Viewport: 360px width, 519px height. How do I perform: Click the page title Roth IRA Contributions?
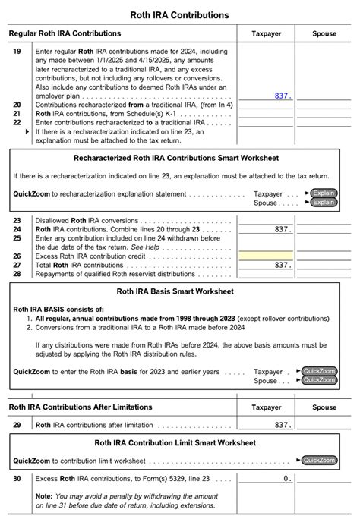click(180, 15)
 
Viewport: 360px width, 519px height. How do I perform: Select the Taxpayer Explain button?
click(324, 193)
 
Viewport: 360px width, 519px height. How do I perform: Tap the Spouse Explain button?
click(324, 203)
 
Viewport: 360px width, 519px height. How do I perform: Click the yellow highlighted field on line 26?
click(265, 256)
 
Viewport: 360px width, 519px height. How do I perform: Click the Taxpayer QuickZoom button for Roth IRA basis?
click(319, 371)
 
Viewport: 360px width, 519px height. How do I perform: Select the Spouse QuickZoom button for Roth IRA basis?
click(319, 380)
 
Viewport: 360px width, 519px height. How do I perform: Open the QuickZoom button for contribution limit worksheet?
click(319, 460)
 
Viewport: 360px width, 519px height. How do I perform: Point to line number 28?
click(17, 273)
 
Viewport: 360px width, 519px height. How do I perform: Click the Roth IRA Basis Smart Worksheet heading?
click(179, 291)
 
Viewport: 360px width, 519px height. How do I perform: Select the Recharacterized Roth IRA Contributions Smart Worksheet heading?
click(179, 158)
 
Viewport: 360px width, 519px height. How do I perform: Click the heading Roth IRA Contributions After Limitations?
click(80, 407)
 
